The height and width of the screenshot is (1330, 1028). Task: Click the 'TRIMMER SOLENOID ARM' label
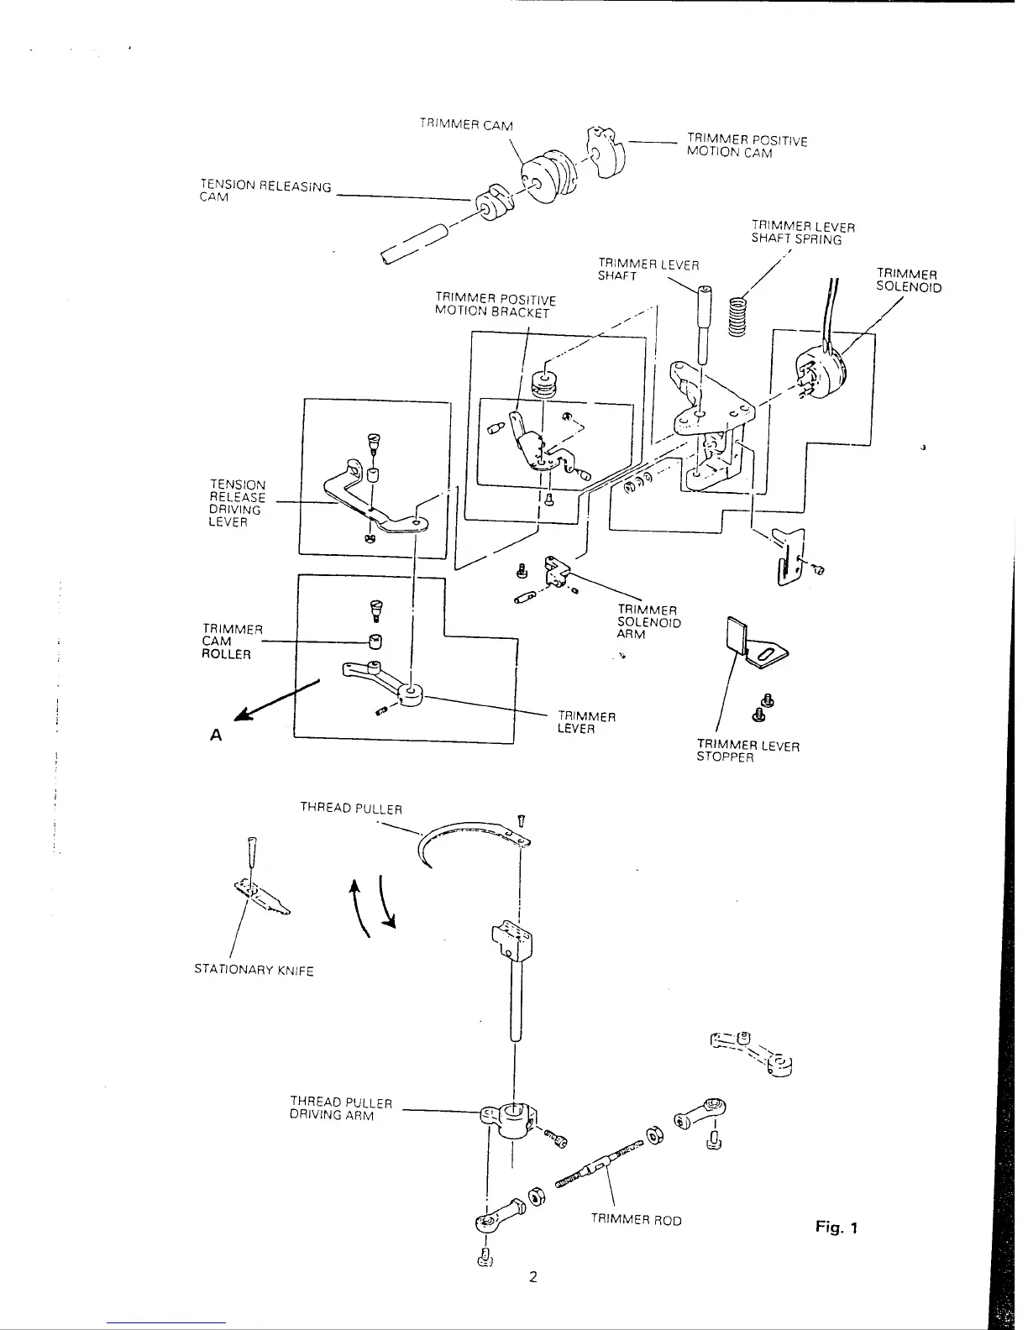[x=648, y=622]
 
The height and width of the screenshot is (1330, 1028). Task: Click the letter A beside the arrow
[x=216, y=736]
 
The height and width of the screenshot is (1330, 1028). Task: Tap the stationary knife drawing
[x=262, y=898]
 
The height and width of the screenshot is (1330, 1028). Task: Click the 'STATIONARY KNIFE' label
[x=254, y=971]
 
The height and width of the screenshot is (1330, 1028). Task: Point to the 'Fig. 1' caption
[x=836, y=1228]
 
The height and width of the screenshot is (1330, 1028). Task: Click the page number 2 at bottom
[x=532, y=1277]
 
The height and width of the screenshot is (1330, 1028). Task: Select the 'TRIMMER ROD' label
[x=636, y=1220]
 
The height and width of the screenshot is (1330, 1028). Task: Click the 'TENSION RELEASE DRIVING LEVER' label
[x=237, y=503]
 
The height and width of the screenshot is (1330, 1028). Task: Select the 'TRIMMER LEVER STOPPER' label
[x=747, y=751]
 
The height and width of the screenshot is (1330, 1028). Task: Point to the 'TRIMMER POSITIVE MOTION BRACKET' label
[x=495, y=306]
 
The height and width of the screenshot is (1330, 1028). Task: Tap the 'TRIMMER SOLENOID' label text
[x=909, y=280]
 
